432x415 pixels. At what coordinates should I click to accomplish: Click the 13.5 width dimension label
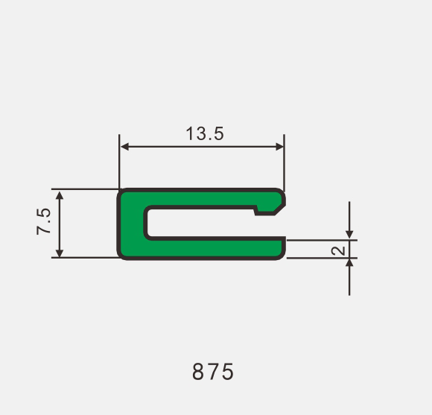click(205, 133)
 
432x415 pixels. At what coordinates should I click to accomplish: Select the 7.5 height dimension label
click(43, 221)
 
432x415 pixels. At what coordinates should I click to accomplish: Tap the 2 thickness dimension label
click(338, 250)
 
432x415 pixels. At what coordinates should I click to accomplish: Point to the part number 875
click(213, 372)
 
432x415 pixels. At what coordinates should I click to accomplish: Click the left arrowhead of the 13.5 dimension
click(124, 147)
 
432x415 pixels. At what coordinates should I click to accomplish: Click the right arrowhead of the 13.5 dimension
click(279, 147)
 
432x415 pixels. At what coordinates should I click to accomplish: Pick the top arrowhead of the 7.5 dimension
click(60, 195)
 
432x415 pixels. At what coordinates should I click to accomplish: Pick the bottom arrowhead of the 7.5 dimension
click(60, 253)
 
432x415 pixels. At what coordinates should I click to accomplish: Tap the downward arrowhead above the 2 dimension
click(349, 235)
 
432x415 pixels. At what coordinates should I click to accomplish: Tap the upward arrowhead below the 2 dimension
click(349, 263)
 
